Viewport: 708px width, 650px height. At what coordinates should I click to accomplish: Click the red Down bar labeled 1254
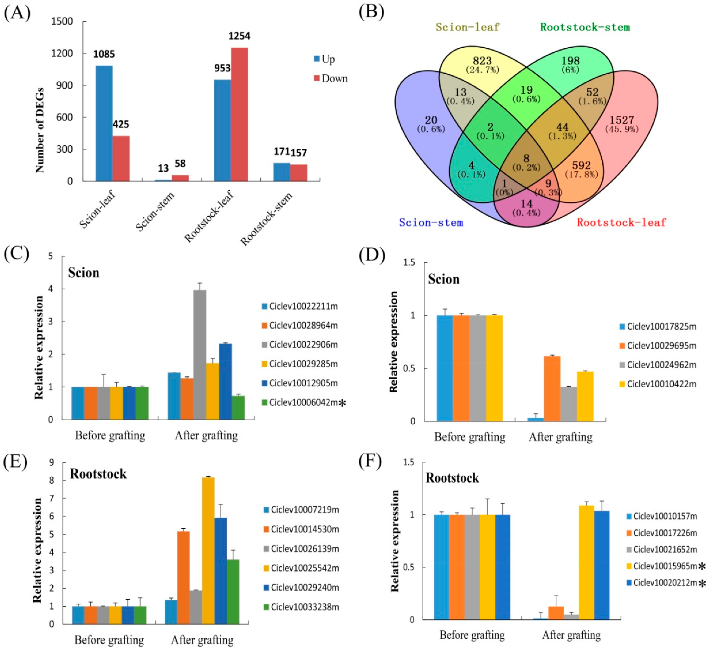click(x=239, y=114)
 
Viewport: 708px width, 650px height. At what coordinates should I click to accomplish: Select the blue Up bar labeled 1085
click(x=104, y=123)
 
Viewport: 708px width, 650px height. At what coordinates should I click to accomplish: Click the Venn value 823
click(x=482, y=61)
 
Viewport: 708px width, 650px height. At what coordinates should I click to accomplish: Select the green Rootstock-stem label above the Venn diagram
click(x=585, y=27)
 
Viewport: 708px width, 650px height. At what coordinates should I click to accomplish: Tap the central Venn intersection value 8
click(x=526, y=159)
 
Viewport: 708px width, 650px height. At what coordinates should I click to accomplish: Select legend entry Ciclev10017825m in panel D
click(x=661, y=326)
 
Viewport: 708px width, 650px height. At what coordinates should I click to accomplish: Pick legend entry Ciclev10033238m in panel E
click(x=304, y=607)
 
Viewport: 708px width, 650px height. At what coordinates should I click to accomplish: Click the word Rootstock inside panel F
click(x=452, y=478)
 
